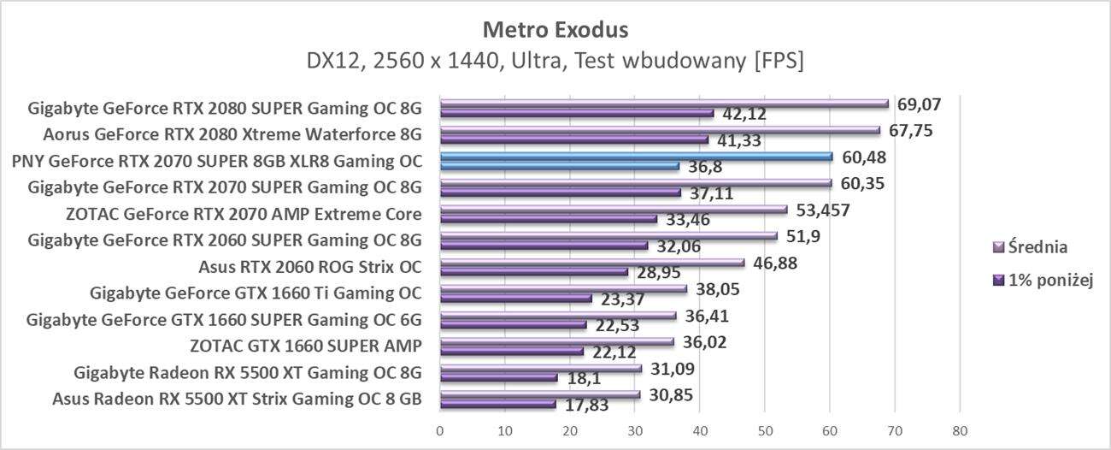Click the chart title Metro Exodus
point(555,29)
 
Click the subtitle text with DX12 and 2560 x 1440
point(555,62)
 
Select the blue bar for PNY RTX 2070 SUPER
point(636,157)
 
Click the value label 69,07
point(918,104)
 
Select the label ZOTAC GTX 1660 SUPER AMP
point(306,346)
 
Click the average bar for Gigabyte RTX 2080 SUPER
point(664,104)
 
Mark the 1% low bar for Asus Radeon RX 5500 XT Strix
point(498,404)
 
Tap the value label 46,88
point(774,263)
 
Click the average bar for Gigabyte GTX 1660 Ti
point(563,289)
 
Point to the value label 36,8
point(703,166)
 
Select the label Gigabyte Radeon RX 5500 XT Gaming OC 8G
point(248,372)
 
